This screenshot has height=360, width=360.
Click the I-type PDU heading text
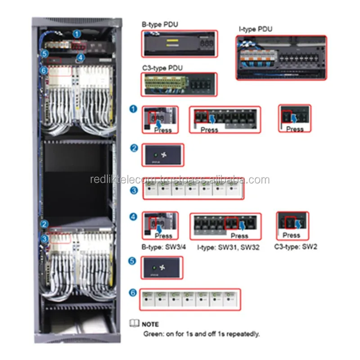click(x=256, y=29)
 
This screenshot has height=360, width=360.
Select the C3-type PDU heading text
click(x=163, y=67)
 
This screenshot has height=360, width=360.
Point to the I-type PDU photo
click(x=281, y=58)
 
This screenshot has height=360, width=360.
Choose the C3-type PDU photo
click(x=179, y=84)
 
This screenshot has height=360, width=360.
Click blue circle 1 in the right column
click(x=134, y=109)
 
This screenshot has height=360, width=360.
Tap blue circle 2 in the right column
click(x=134, y=147)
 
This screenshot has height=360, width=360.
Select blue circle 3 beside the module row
click(x=134, y=190)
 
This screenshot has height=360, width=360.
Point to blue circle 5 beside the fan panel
click(x=134, y=260)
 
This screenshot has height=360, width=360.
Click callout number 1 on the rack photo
click(x=77, y=33)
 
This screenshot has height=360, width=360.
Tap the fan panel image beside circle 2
click(x=163, y=155)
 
